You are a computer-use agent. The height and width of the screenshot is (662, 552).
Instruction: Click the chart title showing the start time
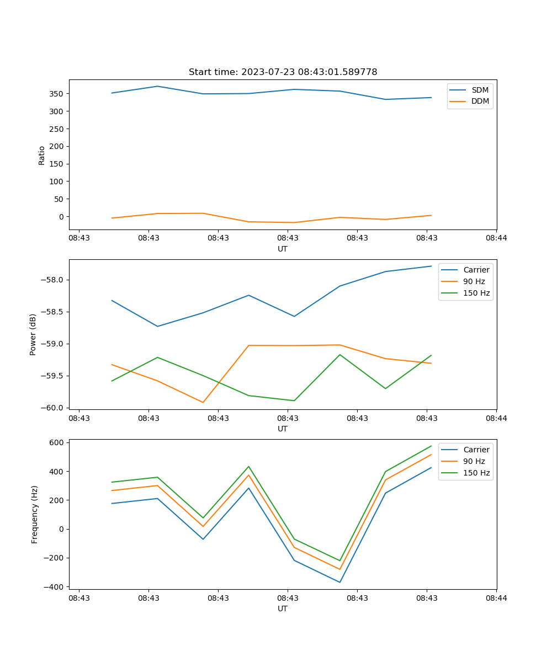[283, 72]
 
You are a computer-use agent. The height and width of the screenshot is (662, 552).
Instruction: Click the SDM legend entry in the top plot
[480, 90]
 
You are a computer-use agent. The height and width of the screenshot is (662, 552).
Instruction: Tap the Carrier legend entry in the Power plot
[476, 270]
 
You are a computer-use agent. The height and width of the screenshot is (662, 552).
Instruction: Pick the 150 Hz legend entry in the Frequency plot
[476, 473]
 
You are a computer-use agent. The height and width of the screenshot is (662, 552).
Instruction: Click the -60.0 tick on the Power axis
[53, 408]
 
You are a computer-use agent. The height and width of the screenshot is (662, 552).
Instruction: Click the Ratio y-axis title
[42, 155]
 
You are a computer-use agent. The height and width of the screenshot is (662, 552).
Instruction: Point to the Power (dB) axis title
[33, 334]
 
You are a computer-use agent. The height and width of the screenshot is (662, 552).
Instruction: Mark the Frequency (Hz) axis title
[34, 514]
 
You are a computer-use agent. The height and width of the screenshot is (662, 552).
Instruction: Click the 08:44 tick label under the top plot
[496, 238]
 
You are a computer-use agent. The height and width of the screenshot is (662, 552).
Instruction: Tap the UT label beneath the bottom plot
[283, 608]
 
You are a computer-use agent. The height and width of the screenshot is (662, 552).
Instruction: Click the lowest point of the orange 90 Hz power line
[203, 402]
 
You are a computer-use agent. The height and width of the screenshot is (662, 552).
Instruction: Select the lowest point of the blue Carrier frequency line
[339, 582]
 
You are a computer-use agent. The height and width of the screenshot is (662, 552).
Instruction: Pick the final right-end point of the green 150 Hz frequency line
[431, 446]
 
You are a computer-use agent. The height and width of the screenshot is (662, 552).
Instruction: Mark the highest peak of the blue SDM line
[157, 86]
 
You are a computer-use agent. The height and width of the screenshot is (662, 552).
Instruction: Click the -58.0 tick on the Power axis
[53, 280]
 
